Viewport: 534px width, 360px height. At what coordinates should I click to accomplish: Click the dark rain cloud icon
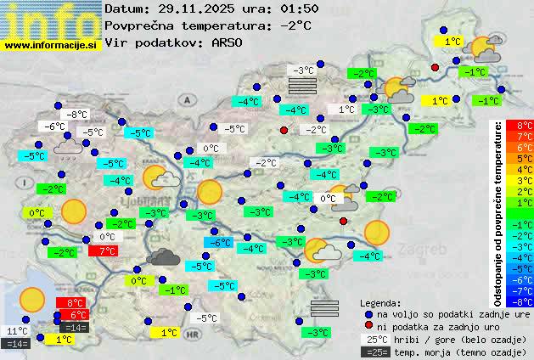(x=162, y=256)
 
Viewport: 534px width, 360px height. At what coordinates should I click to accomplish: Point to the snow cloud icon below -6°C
(x=67, y=149)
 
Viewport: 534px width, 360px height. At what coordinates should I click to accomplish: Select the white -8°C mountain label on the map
(x=78, y=115)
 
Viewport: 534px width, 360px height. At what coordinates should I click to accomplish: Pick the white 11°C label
(x=17, y=330)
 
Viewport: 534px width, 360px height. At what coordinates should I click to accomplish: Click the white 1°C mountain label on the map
(x=346, y=110)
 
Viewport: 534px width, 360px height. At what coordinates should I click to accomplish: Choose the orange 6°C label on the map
(x=73, y=315)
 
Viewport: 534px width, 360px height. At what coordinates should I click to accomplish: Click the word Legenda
(x=380, y=302)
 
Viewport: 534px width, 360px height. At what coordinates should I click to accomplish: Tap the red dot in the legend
(x=368, y=326)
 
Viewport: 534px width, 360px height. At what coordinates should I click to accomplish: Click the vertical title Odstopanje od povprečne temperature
(x=498, y=212)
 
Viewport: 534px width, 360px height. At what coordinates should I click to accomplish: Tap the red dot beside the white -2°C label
(x=284, y=130)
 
